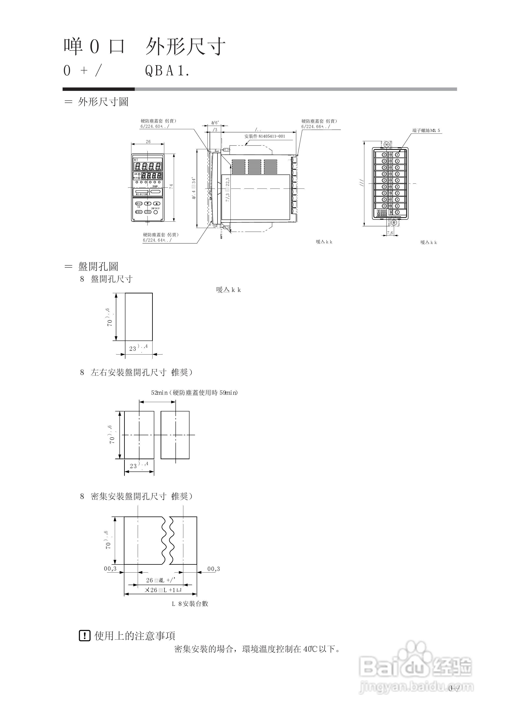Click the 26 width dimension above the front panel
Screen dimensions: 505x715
click(148, 142)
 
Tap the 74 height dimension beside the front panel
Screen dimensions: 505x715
click(171, 187)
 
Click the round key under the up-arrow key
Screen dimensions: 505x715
click(156, 212)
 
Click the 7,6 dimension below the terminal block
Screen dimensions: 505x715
click(390, 233)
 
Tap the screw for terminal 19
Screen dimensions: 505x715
click(397, 212)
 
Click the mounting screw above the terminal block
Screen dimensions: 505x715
click(387, 145)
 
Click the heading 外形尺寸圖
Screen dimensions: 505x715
click(103, 102)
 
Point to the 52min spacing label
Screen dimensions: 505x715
click(159, 393)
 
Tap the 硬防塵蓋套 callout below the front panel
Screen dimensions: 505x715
click(161, 235)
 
